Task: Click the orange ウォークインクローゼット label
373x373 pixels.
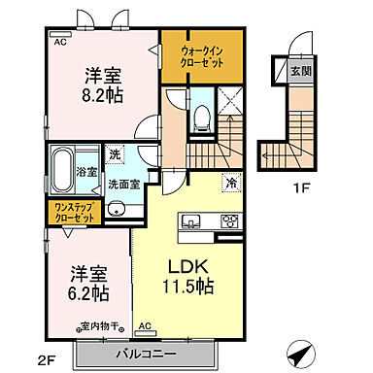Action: (x=202, y=54)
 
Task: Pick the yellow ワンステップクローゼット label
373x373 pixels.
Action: (x=73, y=213)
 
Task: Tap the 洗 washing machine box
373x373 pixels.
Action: (x=114, y=154)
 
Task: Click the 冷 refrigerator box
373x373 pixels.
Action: (x=232, y=181)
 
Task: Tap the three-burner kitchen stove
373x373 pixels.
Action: (x=230, y=219)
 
